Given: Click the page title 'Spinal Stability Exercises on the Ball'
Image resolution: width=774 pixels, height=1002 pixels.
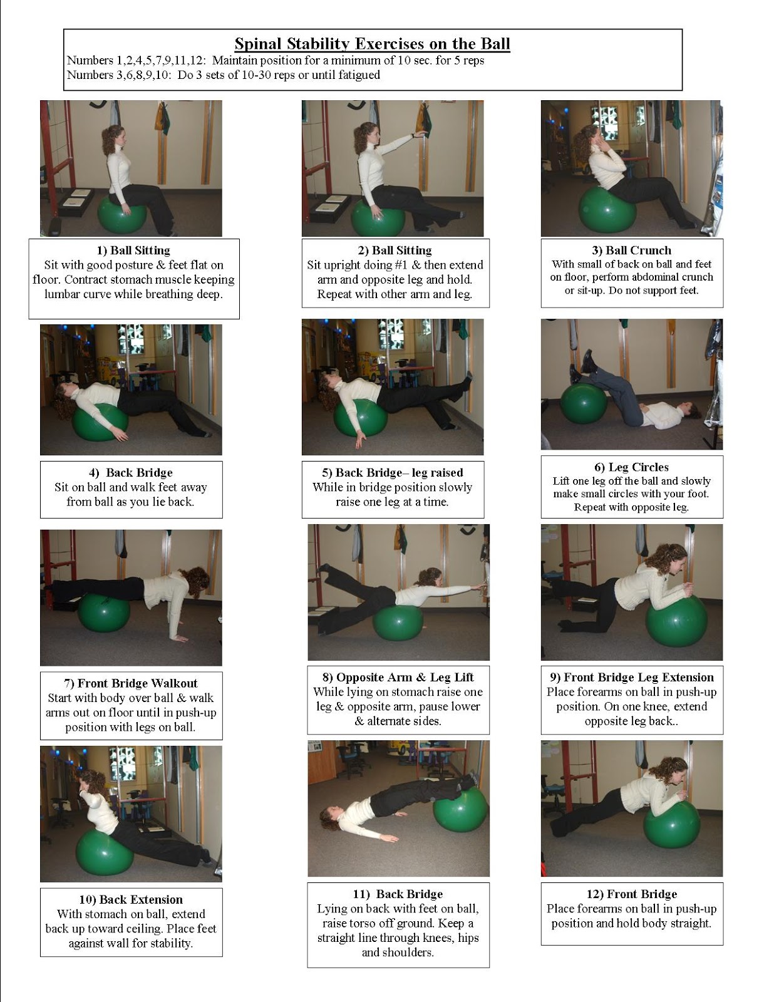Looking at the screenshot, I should tap(372, 44).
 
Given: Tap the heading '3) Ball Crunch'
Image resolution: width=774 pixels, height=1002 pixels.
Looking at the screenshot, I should tap(631, 250).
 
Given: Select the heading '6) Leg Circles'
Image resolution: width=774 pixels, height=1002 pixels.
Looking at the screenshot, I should tap(631, 467).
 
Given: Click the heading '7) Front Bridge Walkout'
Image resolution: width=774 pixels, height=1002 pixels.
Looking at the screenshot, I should tap(130, 683).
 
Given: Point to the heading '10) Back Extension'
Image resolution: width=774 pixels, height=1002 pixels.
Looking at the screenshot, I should tap(130, 900).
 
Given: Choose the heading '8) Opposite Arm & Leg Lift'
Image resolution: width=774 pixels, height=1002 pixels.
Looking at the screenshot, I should tap(398, 677).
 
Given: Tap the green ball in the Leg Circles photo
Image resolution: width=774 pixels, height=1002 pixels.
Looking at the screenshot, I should tap(583, 403).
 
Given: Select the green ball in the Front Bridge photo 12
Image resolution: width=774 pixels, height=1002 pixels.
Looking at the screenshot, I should tap(671, 823).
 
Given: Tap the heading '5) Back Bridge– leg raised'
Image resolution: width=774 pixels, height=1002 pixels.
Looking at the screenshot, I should tap(393, 473).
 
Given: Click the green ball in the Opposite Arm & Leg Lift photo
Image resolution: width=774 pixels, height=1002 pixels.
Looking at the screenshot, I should tap(398, 624).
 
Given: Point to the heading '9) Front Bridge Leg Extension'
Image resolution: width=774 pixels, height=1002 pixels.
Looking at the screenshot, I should tap(631, 677).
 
